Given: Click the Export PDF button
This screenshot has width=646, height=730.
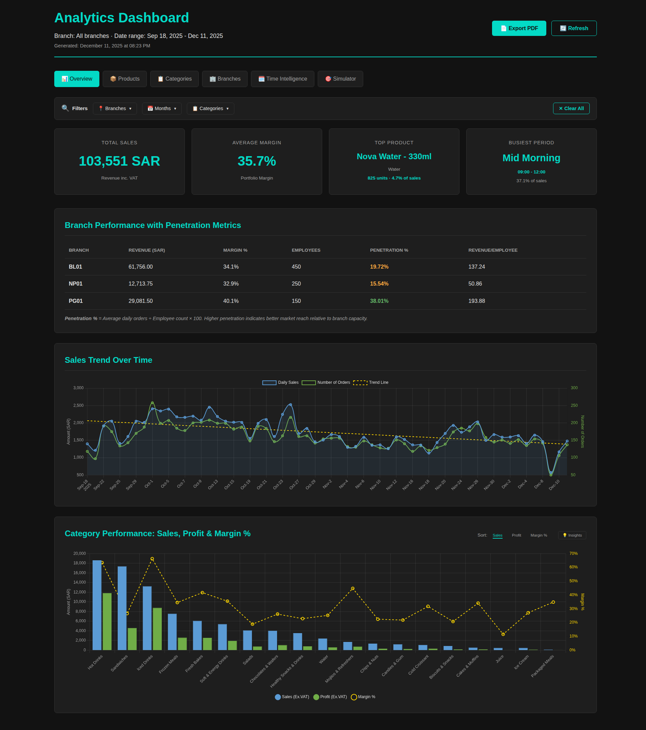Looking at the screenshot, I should click(x=519, y=28).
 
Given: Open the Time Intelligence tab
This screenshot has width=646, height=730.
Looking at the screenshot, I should click(x=282, y=79).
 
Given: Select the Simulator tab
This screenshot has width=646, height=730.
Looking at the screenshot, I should click(x=340, y=79).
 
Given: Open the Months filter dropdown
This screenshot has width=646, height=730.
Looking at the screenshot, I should click(x=162, y=109).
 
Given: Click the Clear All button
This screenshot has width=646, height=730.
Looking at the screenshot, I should click(x=571, y=109).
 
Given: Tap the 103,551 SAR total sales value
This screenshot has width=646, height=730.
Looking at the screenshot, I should click(x=119, y=161).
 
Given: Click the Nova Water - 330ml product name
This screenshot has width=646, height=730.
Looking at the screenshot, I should click(x=394, y=157).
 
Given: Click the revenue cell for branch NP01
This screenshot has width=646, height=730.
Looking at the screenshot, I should click(x=140, y=284).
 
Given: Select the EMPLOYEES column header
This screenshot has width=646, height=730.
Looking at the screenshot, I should click(x=306, y=250).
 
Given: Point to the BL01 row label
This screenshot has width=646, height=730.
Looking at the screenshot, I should click(x=75, y=267).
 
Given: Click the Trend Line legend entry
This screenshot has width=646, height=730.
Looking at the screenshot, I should click(x=371, y=382).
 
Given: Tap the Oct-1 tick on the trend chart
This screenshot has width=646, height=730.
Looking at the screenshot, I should click(x=149, y=484).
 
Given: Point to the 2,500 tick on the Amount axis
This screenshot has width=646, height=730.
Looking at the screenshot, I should click(x=78, y=405).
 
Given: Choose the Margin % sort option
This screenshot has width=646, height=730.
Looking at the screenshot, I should click(x=539, y=535).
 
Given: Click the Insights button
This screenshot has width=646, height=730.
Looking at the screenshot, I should click(x=572, y=535).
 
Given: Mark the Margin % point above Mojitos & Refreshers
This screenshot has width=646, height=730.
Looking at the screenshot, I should click(x=352, y=588).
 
